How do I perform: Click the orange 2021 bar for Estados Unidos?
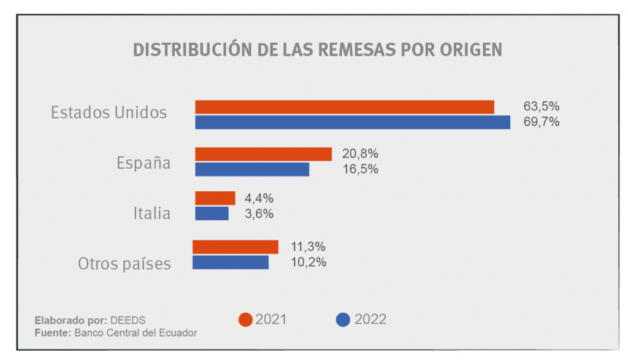345,107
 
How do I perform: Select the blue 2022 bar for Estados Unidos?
353,122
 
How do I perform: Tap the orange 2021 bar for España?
263,154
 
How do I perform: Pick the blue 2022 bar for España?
252,169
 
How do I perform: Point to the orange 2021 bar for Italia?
215,198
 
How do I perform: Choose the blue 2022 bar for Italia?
212,213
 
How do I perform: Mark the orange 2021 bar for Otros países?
235,247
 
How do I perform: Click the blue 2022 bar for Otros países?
231,262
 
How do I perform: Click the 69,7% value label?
541,122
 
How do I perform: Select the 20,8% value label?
360,154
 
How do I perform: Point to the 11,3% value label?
308,247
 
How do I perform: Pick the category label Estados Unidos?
109,113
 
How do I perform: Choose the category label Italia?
152,213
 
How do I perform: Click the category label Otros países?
124,264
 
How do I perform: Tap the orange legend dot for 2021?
245,320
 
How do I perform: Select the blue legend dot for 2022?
343,320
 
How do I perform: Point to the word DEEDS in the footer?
128,320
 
